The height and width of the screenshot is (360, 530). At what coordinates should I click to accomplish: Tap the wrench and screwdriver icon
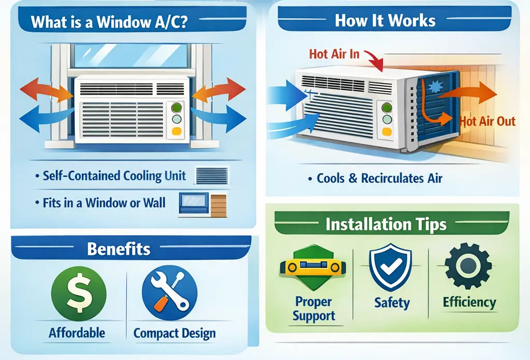click(169, 293)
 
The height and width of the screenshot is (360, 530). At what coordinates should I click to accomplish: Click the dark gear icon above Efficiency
click(468, 267)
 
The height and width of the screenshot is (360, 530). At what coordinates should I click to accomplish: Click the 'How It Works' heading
click(385, 20)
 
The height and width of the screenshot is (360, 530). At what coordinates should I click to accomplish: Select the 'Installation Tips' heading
click(386, 225)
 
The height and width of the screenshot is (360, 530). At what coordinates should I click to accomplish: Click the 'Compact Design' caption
click(174, 333)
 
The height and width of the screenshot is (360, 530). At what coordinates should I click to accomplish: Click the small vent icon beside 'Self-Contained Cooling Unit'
click(212, 176)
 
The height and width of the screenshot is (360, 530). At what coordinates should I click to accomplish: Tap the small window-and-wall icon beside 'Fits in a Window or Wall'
click(202, 204)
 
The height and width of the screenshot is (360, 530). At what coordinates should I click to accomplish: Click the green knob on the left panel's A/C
click(176, 108)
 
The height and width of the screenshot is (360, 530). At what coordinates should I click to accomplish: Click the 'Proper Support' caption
click(314, 309)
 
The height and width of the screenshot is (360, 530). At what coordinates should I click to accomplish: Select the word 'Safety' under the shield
click(392, 303)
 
